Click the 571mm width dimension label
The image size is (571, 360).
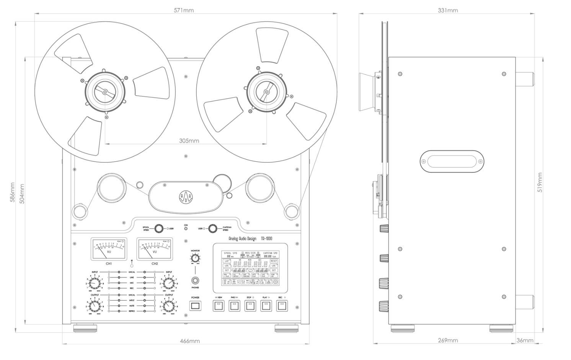[x=184, y=10]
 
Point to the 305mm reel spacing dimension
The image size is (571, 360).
[x=189, y=141]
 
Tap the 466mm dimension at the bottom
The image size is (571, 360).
[x=190, y=341]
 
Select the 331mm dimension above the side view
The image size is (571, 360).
[x=448, y=10]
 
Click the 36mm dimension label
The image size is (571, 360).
[x=525, y=340]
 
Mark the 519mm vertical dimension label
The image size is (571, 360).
[x=540, y=182]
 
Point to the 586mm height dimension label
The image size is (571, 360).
[x=13, y=193]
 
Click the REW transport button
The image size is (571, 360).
[x=219, y=306]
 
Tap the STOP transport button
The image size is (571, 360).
[x=250, y=306]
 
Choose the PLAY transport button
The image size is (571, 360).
[x=266, y=306]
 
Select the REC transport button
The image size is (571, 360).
[x=282, y=306]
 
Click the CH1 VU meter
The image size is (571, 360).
[x=109, y=249]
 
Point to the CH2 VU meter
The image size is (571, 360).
[x=155, y=249]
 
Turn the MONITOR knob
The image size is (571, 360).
[x=195, y=258]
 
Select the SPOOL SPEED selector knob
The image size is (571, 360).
[x=158, y=229]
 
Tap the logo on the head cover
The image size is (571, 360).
[x=186, y=198]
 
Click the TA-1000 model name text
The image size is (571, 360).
[x=267, y=239]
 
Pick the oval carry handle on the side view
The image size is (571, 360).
[x=452, y=161]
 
